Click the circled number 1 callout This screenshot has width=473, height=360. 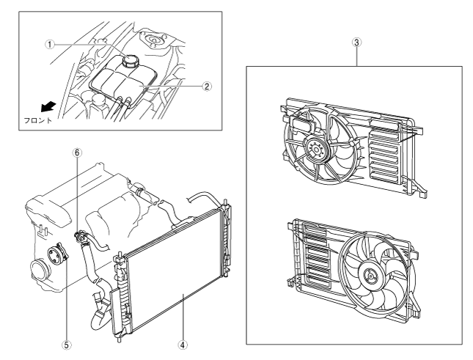click(50, 43)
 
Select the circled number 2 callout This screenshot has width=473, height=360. click(208, 86)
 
